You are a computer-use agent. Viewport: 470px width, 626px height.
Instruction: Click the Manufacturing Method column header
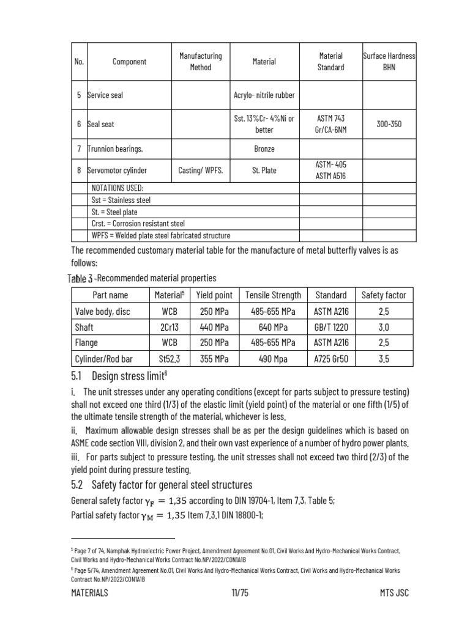pyautogui.click(x=200, y=61)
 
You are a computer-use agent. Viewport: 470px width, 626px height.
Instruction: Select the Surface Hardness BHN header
pyautogui.click(x=389, y=61)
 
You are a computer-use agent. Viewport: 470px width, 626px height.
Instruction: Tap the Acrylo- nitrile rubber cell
pyautogui.click(x=264, y=95)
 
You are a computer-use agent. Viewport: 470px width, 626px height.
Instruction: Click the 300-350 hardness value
pyautogui.click(x=389, y=123)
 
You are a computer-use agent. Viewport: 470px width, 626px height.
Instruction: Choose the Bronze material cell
pyautogui.click(x=264, y=149)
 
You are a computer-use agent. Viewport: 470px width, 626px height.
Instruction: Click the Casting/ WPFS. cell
pyautogui.click(x=200, y=171)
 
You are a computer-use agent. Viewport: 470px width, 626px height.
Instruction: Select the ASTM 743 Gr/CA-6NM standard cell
pyautogui.click(x=330, y=123)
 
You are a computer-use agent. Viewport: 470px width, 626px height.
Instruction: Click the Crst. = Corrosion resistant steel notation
pyautogui.click(x=138, y=224)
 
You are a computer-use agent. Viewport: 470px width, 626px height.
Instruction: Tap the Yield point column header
pyautogui.click(x=214, y=295)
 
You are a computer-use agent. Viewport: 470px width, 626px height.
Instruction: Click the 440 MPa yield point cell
pyautogui.click(x=214, y=327)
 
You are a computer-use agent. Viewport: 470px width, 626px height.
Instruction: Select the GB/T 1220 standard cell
pyautogui.click(x=330, y=327)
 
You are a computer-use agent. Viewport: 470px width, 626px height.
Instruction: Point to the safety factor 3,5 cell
pyautogui.click(x=384, y=359)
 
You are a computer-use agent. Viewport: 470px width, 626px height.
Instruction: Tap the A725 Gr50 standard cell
pyautogui.click(x=330, y=359)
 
